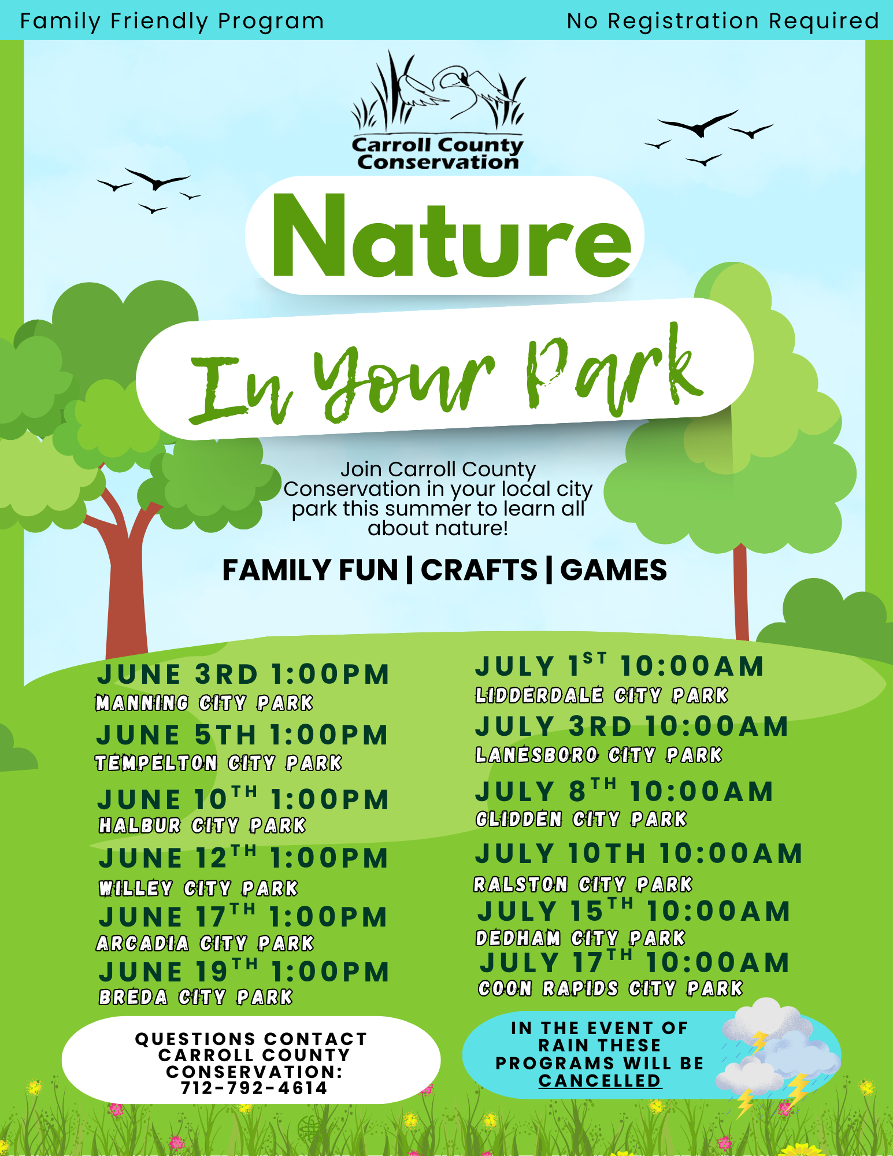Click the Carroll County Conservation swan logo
click(438, 110)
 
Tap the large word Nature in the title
click(451, 236)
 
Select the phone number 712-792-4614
click(254, 1088)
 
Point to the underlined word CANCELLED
click(599, 1080)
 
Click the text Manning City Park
click(204, 703)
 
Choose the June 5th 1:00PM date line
click(242, 735)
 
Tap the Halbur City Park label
click(202, 825)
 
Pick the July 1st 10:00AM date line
click(620, 665)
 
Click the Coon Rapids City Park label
click(610, 988)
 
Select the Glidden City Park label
click(581, 819)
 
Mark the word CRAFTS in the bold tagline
click(479, 570)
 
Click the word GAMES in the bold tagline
click(613, 570)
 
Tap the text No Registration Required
click(723, 21)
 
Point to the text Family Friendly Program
click(172, 21)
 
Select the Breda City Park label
click(196, 997)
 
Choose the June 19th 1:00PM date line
click(244, 971)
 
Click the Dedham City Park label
click(580, 938)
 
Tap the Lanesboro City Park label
click(599, 755)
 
